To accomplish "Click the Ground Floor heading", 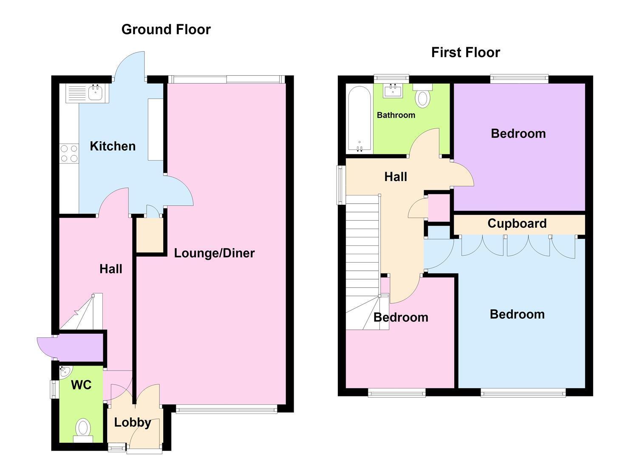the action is tap(166, 30).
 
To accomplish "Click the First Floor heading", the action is tap(466, 53).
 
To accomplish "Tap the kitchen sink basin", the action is tap(96, 92).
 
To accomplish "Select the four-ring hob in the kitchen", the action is tap(69, 153).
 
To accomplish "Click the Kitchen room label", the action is tap(113, 146).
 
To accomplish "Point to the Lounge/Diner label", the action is tap(215, 253).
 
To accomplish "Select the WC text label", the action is tap(81, 385).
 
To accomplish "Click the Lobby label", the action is tap(133, 422).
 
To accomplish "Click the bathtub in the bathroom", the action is tap(359, 119).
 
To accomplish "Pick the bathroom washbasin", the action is tap(393, 91).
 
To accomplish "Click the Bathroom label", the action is tap(396, 115).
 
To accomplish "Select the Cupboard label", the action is tap(517, 224).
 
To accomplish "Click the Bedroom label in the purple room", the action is tap(518, 133).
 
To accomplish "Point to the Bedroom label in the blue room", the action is tap(517, 314).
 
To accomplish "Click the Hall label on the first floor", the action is tap(396, 177).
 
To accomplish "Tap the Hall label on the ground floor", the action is tap(111, 269).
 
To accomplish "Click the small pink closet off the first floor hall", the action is tap(439, 208).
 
